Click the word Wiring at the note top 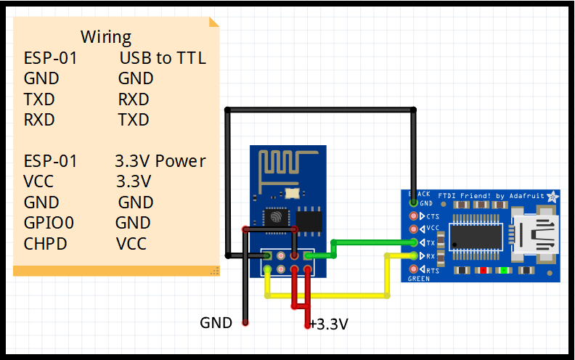[x=106, y=37]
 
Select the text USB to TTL [x=163, y=58]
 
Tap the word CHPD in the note [x=44, y=243]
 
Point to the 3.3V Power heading [x=160, y=160]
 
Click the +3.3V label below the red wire [x=329, y=324]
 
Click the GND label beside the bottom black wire [x=216, y=322]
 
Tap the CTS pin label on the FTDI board [x=432, y=216]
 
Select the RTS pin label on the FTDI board [x=432, y=270]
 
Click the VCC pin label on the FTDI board [x=433, y=229]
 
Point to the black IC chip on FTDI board [x=476, y=236]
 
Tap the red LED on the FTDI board [x=482, y=271]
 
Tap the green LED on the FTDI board [x=502, y=271]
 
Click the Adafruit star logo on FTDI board [x=552, y=196]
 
